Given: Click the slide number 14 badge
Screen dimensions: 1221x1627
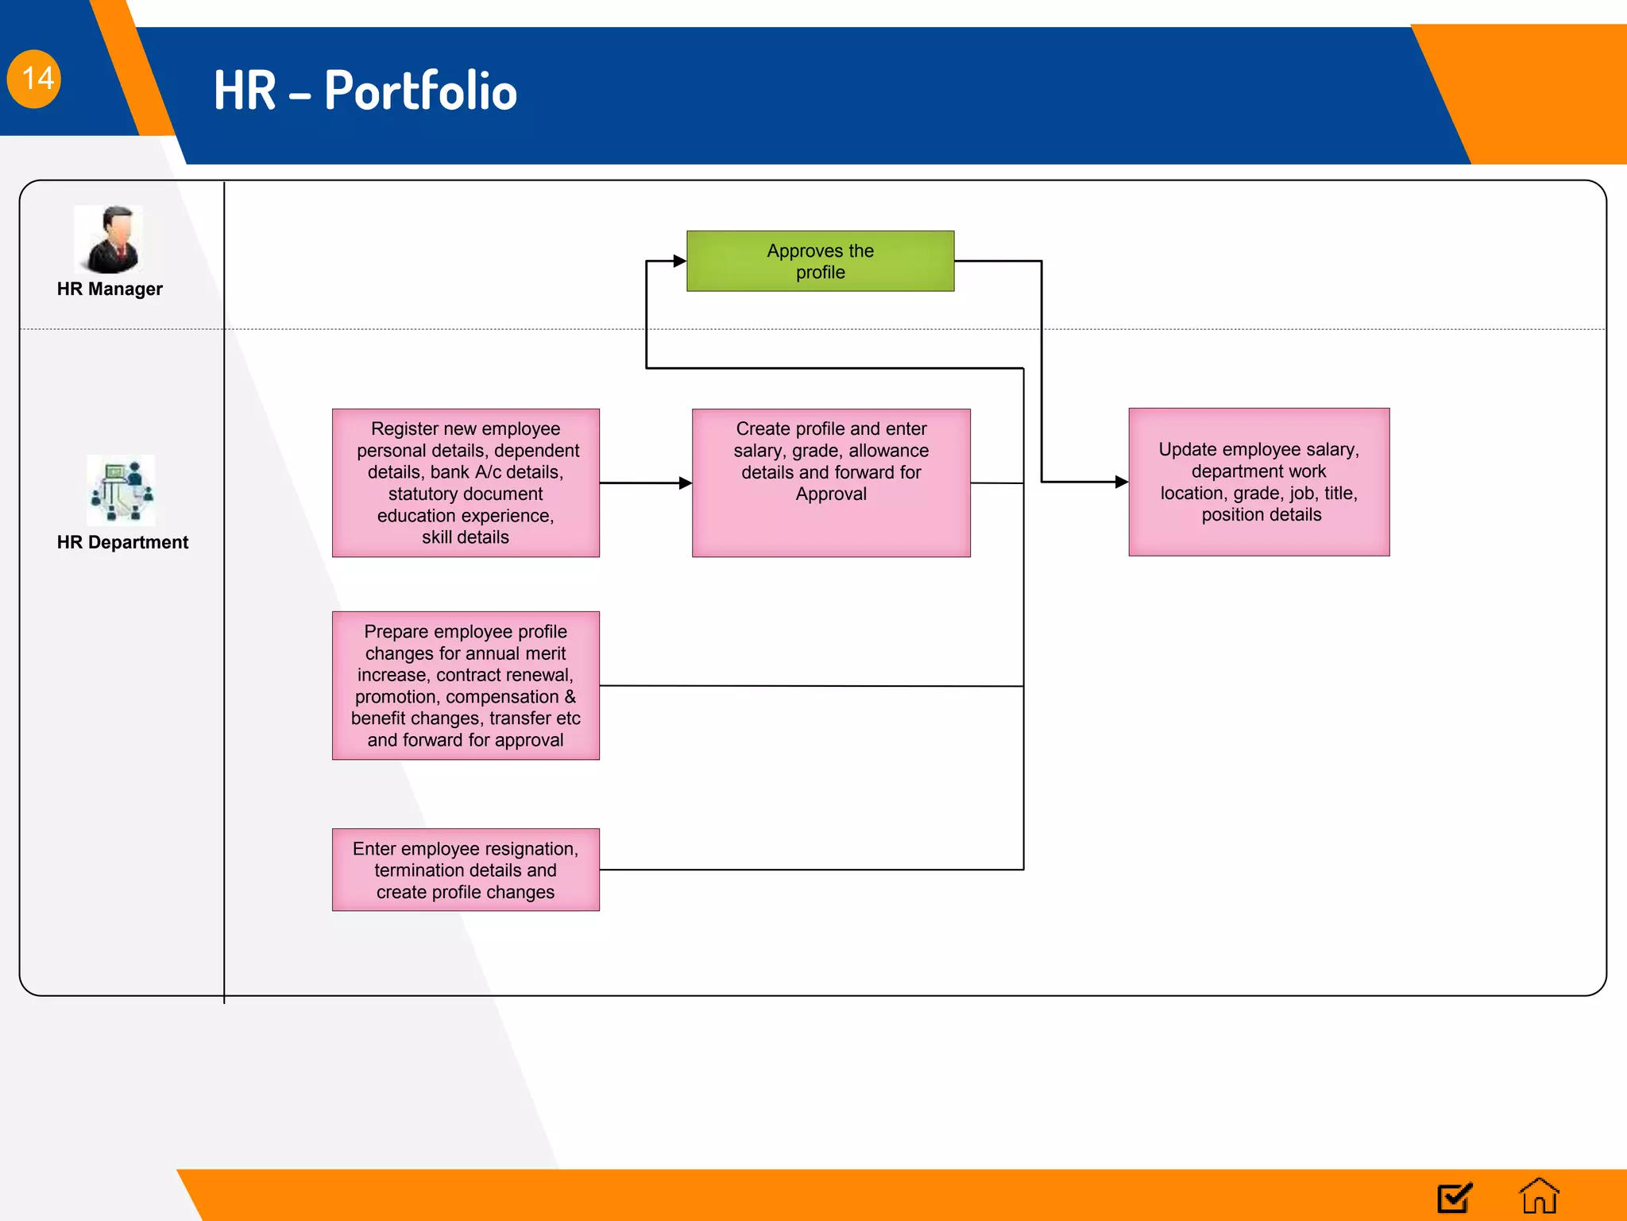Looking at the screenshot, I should point(34,79).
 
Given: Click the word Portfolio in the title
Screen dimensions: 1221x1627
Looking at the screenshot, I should point(420,91).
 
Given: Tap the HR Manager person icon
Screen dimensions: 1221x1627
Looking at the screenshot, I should point(110,239).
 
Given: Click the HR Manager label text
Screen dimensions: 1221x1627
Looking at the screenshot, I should point(110,289).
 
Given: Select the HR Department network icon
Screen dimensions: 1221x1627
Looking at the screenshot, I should point(121,490).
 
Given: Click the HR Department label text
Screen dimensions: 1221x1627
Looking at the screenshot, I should point(122,542).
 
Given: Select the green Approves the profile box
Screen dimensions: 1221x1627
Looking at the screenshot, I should point(820,261).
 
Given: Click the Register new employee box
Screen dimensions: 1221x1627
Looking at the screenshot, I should point(466,483).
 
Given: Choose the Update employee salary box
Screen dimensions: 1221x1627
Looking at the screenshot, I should point(1258,482).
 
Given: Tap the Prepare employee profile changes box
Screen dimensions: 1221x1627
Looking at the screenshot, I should point(466,685).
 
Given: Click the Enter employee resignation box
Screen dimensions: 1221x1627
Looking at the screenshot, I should point(466,870).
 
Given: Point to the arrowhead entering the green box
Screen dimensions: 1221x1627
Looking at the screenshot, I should point(679,261).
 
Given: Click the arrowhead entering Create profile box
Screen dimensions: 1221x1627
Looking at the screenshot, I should point(685,483).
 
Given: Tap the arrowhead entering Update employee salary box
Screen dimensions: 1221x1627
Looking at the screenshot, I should point(1121,482).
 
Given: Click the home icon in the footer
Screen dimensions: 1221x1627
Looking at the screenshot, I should point(1539,1196).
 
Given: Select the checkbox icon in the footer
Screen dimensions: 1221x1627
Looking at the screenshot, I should point(1455,1197).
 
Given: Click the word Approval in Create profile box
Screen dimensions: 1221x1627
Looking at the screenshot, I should point(831,494).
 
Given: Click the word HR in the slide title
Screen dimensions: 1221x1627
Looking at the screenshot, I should point(245,91).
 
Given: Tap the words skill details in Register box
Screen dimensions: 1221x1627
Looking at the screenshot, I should point(466,537).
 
